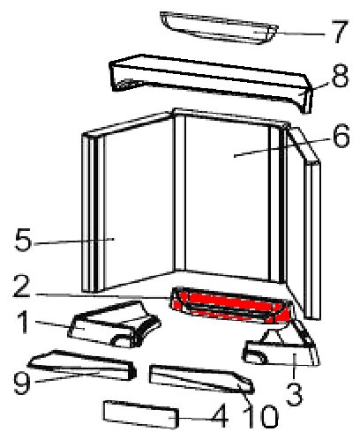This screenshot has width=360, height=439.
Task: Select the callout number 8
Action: pyautogui.click(x=341, y=76)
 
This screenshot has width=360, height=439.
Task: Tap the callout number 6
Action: pyautogui.click(x=341, y=136)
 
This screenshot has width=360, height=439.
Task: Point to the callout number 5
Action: pyautogui.click(x=23, y=240)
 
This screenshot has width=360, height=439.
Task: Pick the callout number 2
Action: pyautogui.click(x=21, y=286)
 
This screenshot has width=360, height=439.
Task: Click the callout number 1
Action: pyautogui.click(x=22, y=323)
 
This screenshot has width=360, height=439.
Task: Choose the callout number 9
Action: pyautogui.click(x=22, y=383)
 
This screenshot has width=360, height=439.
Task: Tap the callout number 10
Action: pyautogui.click(x=261, y=416)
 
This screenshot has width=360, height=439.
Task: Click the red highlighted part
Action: pyautogui.click(x=231, y=306)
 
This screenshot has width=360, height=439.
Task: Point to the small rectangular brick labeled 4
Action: pyautogui.click(x=141, y=414)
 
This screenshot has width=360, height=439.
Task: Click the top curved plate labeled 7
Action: pyautogui.click(x=219, y=28)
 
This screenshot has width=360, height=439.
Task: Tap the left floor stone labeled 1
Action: pyautogui.click(x=115, y=324)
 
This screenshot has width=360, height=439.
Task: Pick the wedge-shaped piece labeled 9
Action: pyautogui.click(x=82, y=364)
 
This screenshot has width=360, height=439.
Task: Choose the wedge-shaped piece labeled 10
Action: pyautogui.click(x=201, y=378)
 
